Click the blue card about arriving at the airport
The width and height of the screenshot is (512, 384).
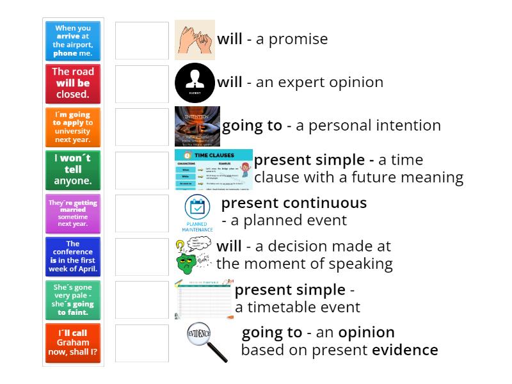[73, 40]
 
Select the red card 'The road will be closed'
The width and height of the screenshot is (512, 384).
[73, 83]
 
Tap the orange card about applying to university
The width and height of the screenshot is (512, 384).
[73, 126]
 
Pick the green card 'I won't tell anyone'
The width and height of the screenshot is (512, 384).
[73, 170]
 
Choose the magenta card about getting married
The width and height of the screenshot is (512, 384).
[73, 213]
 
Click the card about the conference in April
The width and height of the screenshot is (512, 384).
[73, 256]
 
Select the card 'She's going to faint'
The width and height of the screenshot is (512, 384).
[73, 300]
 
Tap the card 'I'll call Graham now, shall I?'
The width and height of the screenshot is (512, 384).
[73, 342]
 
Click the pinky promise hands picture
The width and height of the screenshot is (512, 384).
[195, 40]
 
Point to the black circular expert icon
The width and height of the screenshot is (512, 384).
[195, 83]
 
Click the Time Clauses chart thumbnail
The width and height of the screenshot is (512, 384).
[213, 170]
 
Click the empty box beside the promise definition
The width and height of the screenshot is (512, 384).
[142, 40]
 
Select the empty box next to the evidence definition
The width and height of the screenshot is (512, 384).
[142, 342]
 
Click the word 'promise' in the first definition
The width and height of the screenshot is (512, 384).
[300, 39]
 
